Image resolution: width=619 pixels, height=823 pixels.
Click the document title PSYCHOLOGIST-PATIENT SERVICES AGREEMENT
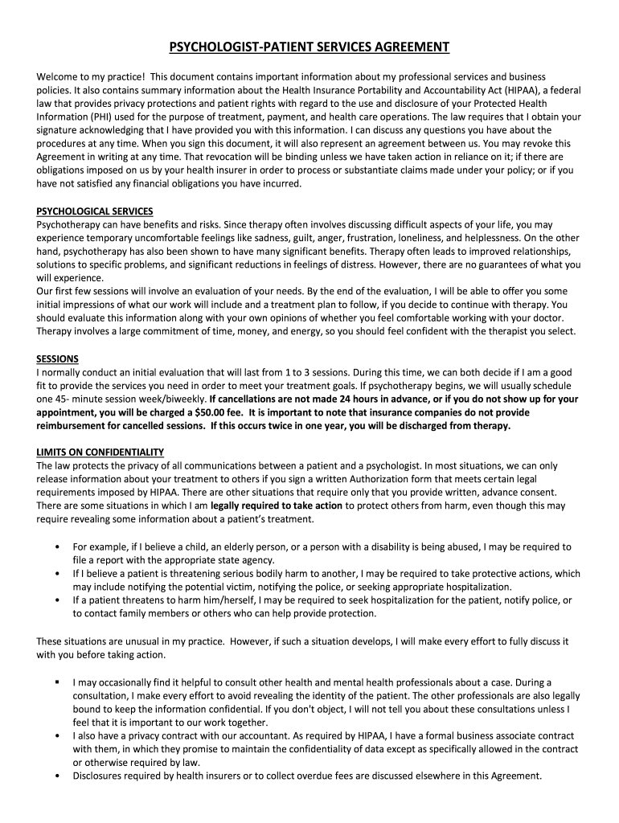(309, 47)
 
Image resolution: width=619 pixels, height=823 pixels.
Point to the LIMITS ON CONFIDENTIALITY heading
(100, 452)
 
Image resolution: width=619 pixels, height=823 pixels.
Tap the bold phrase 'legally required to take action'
(277, 506)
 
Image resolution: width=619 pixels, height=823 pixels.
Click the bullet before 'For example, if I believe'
(57, 547)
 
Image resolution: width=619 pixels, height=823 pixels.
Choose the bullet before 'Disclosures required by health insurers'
(57, 777)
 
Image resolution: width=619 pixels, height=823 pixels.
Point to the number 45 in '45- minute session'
(64, 399)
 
